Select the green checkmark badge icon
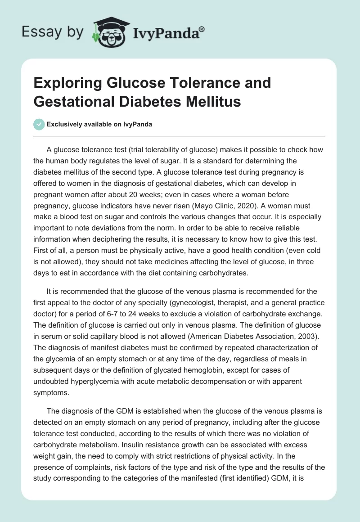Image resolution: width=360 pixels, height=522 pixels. pyautogui.click(x=40, y=124)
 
